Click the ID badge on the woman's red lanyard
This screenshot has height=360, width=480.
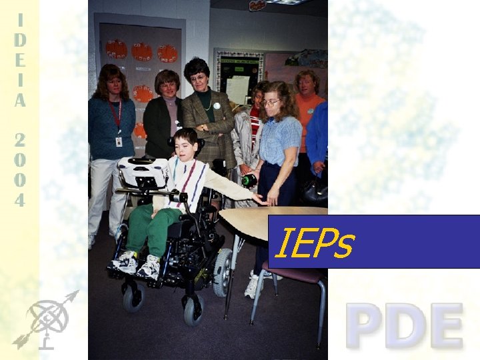(x=119, y=141)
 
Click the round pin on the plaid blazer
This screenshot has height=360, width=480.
(x=216, y=106)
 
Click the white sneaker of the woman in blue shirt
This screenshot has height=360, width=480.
(x=253, y=286)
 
